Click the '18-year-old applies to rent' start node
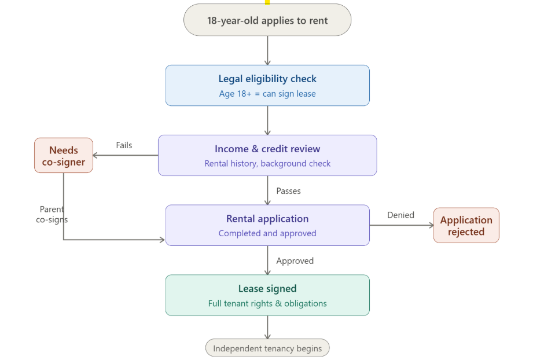267,20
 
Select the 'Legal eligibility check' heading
267,79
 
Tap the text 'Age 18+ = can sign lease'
267,94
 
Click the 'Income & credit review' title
267,149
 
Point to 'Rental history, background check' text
267,164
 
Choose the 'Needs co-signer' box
64,156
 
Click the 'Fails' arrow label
124,145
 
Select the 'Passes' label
288,191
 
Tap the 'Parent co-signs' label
52,214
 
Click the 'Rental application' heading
267,219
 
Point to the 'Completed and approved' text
267,234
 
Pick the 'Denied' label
400,215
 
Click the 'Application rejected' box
466,226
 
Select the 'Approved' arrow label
295,261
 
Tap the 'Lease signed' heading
267,289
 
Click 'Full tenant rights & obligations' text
267,304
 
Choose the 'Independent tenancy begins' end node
267,348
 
